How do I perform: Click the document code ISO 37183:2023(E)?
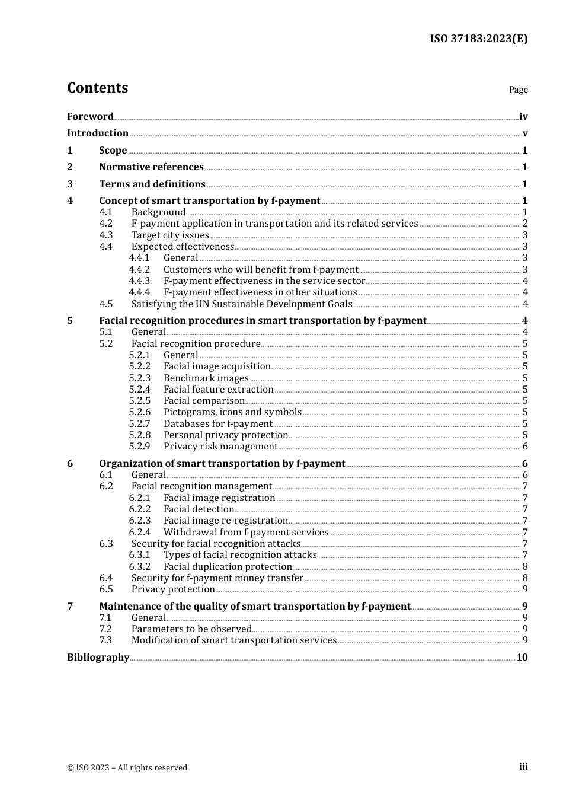(x=478, y=39)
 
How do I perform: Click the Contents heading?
(x=97, y=88)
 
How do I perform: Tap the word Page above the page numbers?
(x=518, y=90)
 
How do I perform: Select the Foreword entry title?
(x=90, y=116)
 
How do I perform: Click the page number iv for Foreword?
(x=523, y=116)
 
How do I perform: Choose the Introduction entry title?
(x=98, y=133)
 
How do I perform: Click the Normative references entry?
(x=151, y=167)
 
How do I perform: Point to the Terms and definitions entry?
(x=152, y=184)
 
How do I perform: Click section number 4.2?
(x=106, y=224)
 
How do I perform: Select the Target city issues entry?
(x=170, y=235)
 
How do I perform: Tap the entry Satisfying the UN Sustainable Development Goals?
(x=242, y=304)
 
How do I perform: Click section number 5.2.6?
(x=140, y=412)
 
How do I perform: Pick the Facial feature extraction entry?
(x=218, y=390)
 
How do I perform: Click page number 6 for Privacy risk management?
(x=525, y=447)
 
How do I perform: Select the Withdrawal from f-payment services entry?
(x=245, y=533)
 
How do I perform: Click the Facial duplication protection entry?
(x=228, y=566)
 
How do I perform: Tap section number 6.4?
(x=106, y=578)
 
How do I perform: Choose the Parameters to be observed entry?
(x=191, y=629)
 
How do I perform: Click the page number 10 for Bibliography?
(x=522, y=657)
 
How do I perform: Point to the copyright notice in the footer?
(x=127, y=767)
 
